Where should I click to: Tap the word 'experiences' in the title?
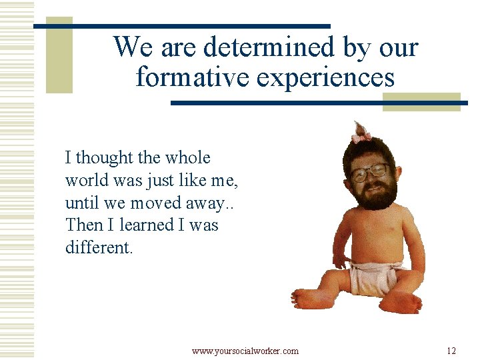tap(325, 77)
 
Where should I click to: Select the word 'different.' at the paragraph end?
tap(99, 247)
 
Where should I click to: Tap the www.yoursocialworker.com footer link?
tap(245, 351)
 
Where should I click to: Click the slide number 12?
tap(451, 351)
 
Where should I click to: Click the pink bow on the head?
tap(362, 137)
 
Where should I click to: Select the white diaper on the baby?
tap(375, 277)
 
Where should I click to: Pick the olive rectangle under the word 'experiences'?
tap(421, 101)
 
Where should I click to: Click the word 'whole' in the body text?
tap(187, 158)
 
